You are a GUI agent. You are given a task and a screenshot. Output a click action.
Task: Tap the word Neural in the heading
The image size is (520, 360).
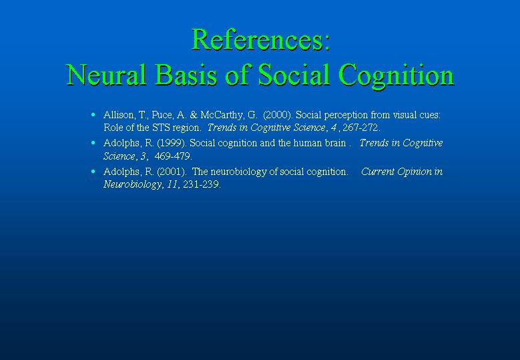coord(106,75)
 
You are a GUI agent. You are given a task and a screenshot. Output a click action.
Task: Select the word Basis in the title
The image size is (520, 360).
coord(186,75)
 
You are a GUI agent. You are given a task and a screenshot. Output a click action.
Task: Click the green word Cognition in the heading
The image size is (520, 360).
coord(397,76)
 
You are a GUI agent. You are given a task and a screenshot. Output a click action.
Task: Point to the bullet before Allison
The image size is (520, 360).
coord(93,115)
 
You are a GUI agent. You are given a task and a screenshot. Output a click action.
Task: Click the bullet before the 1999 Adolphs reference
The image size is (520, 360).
coord(93,143)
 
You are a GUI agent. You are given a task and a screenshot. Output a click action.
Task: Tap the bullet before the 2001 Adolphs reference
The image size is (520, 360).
coord(93,172)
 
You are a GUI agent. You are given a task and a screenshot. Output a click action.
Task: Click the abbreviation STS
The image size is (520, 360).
coord(161,128)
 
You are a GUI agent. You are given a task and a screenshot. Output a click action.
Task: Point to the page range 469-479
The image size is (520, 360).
coord(173,156)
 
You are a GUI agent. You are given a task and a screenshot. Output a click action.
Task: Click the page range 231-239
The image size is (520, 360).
coord(202,184)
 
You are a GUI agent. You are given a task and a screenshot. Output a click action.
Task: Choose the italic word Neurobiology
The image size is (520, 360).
coord(133,185)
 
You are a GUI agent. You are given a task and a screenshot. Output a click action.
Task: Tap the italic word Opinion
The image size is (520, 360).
coord(415,172)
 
